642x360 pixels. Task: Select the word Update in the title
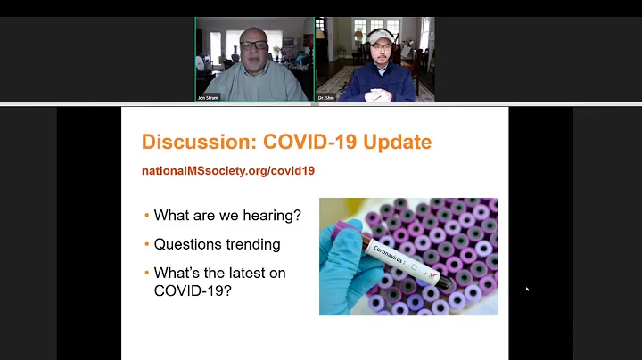(396, 142)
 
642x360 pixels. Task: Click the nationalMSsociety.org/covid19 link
(228, 170)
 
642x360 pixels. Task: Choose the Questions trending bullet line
(217, 243)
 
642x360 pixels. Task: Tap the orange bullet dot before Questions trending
(146, 244)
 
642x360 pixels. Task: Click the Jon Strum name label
(209, 97)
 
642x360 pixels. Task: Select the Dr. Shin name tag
(329, 97)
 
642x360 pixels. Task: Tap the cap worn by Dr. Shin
(380, 35)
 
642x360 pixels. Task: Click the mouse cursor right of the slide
(526, 288)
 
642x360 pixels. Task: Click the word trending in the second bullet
(252, 243)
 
